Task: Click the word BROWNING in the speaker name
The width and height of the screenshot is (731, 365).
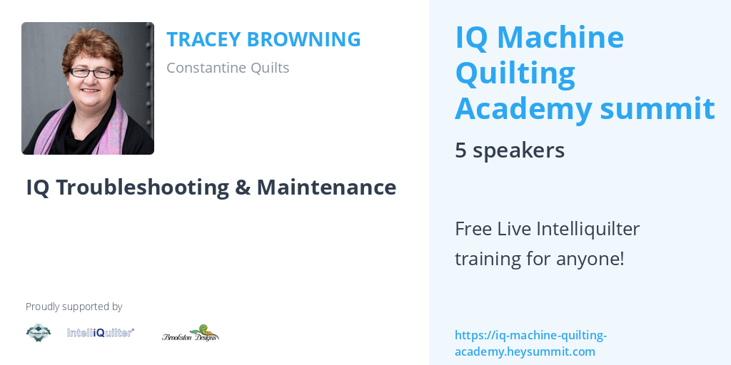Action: (x=303, y=39)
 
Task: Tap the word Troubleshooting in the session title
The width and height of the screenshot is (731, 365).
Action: (x=142, y=187)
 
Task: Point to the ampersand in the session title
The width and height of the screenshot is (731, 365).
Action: (x=243, y=187)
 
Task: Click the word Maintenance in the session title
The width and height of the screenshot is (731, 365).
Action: (x=326, y=187)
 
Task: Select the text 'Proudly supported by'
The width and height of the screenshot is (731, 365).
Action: (x=74, y=307)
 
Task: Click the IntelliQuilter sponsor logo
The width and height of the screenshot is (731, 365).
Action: (x=101, y=332)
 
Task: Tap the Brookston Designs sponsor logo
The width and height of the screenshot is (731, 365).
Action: (x=191, y=333)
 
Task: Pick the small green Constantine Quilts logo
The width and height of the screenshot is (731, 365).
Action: (x=39, y=332)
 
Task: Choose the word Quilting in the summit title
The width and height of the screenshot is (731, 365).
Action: (x=515, y=73)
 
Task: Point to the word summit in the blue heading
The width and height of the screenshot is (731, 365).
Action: (x=657, y=108)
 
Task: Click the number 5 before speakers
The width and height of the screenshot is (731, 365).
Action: (x=460, y=150)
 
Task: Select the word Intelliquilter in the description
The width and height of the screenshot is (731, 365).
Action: (x=588, y=229)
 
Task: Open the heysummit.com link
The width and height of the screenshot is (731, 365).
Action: (x=530, y=343)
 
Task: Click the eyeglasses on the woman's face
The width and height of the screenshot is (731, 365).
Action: (x=92, y=73)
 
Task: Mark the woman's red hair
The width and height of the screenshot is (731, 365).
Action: (x=94, y=46)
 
